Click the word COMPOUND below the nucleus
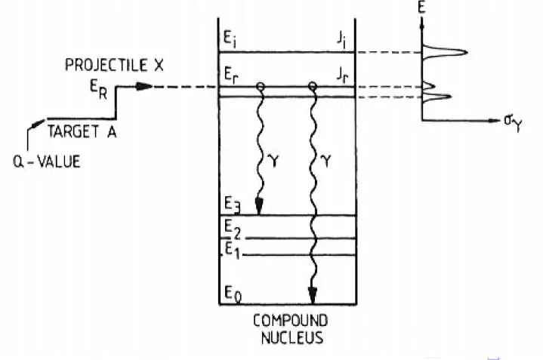click(x=285, y=319)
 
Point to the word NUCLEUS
click(x=287, y=337)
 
